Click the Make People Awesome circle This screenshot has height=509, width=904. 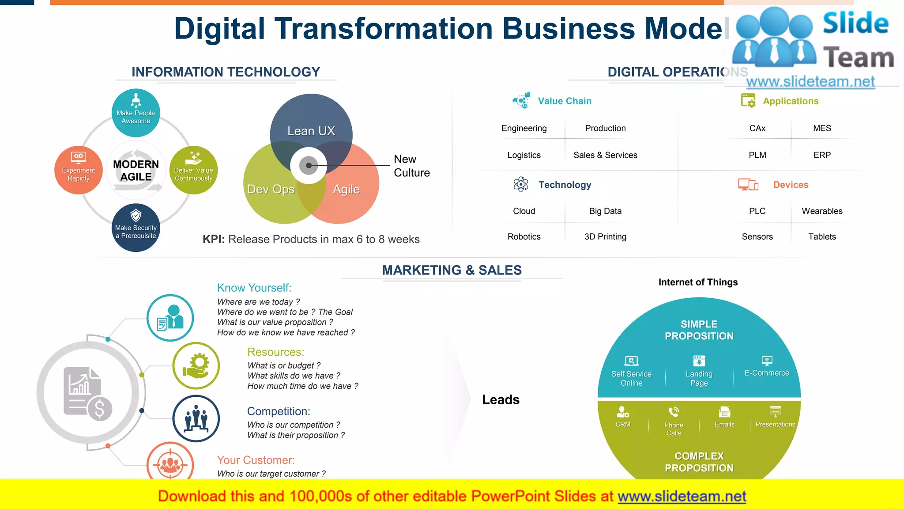tap(136, 113)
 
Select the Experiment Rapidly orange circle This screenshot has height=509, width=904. tap(79, 170)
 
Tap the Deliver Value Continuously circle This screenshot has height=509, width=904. tap(193, 170)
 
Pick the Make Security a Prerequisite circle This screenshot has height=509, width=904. tap(136, 228)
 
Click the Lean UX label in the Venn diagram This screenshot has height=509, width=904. tap(311, 131)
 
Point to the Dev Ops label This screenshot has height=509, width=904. tap(271, 189)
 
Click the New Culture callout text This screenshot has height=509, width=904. tap(411, 166)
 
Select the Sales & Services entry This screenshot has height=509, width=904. tap(605, 155)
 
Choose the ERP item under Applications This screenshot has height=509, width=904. tap(822, 155)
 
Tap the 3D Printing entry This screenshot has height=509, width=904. tap(605, 237)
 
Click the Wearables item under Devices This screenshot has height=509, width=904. tap(822, 211)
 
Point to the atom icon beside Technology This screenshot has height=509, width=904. tap(521, 185)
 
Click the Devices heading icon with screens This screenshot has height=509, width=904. tap(748, 185)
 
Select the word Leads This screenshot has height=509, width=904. tap(501, 400)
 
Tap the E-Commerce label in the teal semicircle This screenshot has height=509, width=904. tap(767, 373)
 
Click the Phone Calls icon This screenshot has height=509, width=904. tap(674, 412)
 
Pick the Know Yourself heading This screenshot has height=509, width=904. tap(254, 288)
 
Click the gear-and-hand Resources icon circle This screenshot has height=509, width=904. tap(196, 366)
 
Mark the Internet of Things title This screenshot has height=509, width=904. tap(698, 282)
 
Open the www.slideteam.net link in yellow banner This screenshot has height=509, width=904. tap(682, 496)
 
